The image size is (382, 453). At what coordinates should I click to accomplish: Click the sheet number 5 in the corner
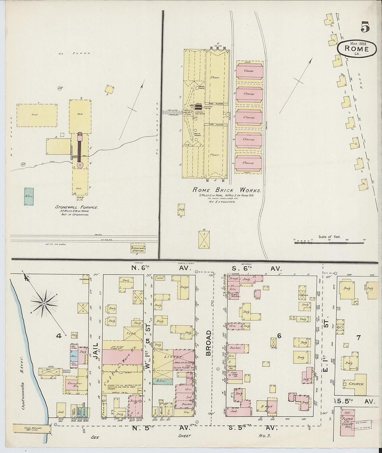(365, 27)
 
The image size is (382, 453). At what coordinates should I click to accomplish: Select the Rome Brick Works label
(227, 190)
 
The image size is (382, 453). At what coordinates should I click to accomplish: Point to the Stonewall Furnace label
(76, 207)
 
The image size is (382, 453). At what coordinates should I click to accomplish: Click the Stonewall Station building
(138, 249)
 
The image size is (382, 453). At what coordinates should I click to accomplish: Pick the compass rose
(44, 303)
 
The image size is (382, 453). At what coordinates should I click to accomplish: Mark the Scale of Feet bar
(329, 242)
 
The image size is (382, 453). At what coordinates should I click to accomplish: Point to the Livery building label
(176, 357)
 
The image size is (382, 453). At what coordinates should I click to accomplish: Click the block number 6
(279, 336)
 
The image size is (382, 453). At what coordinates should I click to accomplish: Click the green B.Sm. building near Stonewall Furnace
(29, 196)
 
